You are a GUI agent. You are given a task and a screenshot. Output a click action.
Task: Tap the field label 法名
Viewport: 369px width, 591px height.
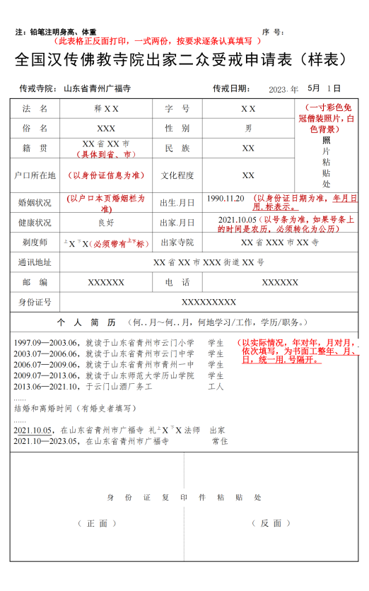35,109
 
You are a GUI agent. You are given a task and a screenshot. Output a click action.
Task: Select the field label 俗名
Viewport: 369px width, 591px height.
35,129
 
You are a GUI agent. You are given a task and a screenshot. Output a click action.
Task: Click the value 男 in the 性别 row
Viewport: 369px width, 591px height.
248,129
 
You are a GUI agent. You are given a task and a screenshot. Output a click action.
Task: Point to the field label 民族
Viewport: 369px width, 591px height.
177,148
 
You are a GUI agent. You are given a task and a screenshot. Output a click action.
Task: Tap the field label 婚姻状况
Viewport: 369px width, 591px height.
35,203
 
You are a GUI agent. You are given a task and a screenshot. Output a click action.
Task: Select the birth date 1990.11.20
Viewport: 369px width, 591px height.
225,198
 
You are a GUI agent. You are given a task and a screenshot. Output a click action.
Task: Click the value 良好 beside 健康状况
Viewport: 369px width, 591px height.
106,223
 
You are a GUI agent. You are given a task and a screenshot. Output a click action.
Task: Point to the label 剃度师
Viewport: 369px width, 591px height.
35,242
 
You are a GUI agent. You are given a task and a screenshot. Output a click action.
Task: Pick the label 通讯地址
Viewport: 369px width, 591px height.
35,262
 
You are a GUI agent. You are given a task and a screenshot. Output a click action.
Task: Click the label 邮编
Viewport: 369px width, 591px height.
35,282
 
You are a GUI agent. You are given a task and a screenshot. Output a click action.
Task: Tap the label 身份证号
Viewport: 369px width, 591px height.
35,302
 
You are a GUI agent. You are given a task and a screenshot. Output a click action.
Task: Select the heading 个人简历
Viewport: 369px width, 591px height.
81,322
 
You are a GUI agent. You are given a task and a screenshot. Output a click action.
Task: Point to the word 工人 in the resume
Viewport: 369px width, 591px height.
216,387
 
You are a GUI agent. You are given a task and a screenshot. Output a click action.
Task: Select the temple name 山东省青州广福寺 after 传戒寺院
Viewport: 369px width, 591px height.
97,89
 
